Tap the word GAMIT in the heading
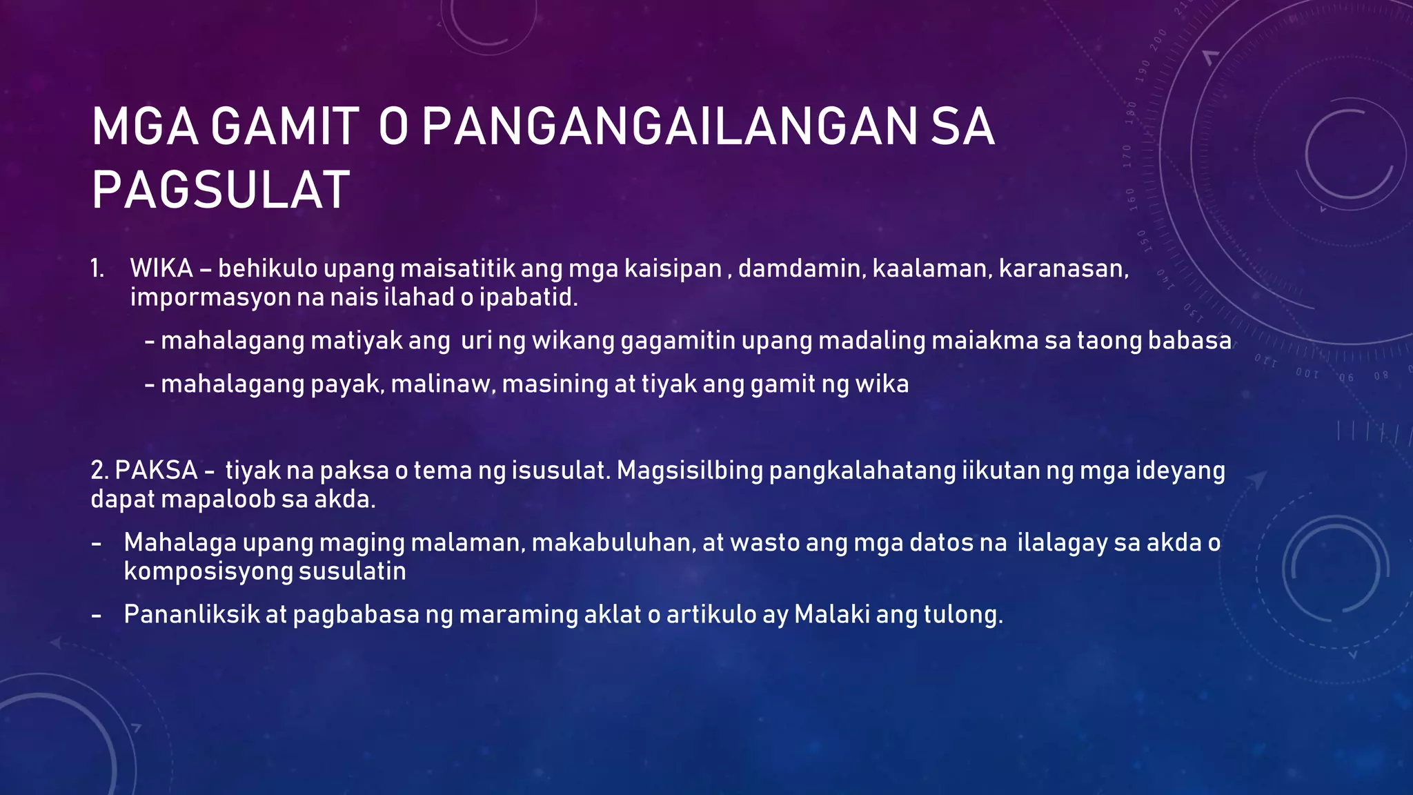[x=284, y=127]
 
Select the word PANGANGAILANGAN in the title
[x=669, y=127]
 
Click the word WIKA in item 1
[x=161, y=268]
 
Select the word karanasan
[x=1063, y=268]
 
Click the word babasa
[x=1189, y=341]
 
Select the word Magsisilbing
[x=689, y=471]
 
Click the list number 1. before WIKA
[x=97, y=268]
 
